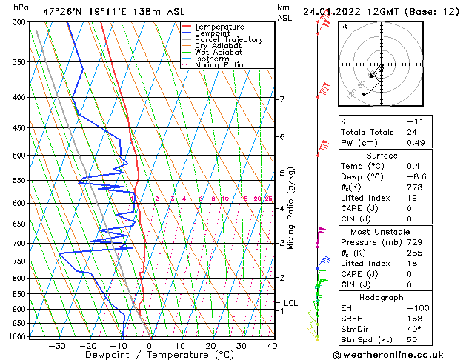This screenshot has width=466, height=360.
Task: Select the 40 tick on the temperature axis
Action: [x=272, y=346]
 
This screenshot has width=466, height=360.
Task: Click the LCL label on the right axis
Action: [x=290, y=303]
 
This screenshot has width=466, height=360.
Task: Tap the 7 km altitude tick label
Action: [x=282, y=99]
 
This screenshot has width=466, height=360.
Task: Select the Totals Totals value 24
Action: [x=411, y=132]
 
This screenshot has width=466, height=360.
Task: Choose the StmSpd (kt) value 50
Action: [x=411, y=339]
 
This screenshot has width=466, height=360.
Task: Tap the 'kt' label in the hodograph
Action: [x=344, y=27]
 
